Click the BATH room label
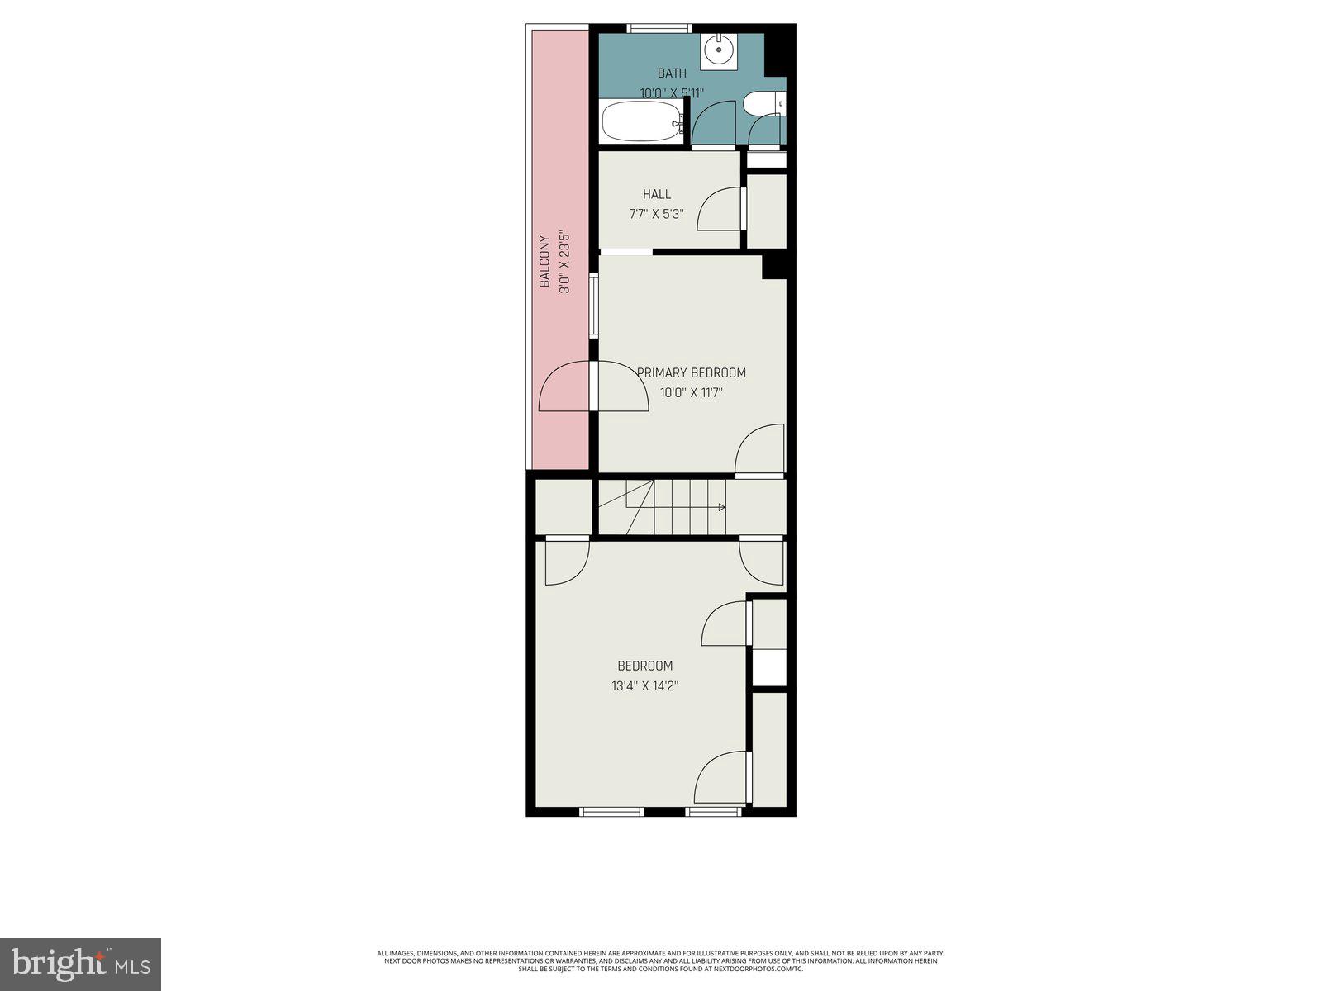(672, 73)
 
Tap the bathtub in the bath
(641, 122)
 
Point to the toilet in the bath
(759, 103)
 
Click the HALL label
(657, 194)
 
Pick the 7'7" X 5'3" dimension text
(657, 214)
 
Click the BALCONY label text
(544, 262)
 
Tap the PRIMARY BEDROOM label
(692, 372)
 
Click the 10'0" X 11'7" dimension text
(692, 393)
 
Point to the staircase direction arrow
(721, 507)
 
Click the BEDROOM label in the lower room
(645, 666)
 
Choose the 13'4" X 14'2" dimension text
(645, 685)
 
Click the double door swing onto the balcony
(593, 388)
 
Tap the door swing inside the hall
(720, 210)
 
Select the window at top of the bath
(659, 28)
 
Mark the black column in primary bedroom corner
(773, 266)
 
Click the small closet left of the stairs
(563, 506)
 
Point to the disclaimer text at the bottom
(661, 960)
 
